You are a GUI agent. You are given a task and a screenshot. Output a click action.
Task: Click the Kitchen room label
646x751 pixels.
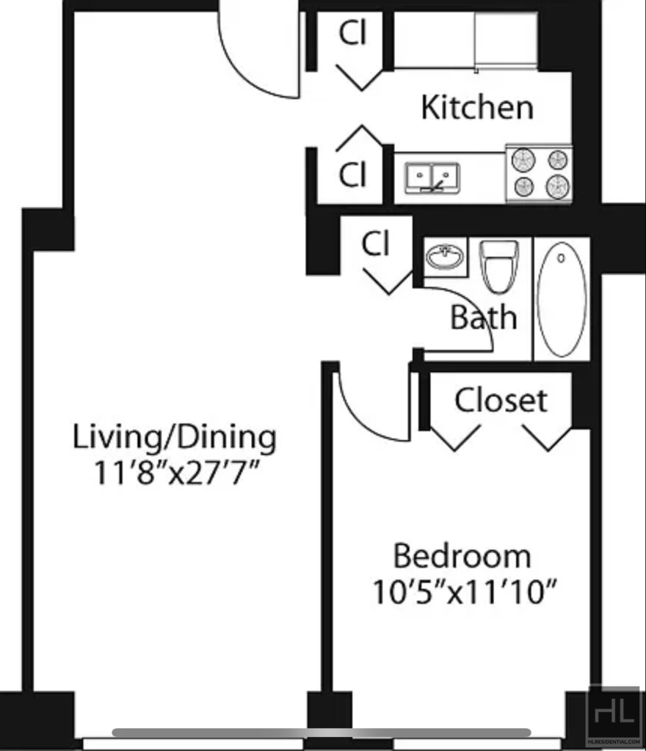(477, 107)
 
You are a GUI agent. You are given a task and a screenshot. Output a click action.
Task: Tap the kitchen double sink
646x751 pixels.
(432, 177)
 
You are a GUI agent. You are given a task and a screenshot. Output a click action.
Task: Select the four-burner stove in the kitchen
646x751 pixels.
(539, 173)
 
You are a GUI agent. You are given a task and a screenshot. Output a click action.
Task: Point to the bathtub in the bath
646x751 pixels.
(562, 299)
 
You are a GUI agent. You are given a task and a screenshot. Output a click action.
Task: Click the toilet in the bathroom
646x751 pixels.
(499, 266)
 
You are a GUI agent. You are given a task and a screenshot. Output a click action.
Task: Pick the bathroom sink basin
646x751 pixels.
(445, 257)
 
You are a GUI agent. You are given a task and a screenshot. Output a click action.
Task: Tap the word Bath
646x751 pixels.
(484, 317)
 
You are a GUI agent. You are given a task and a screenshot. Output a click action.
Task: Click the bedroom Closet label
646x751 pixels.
(501, 400)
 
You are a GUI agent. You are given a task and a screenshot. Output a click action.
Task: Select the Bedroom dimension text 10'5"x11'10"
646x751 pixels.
(465, 593)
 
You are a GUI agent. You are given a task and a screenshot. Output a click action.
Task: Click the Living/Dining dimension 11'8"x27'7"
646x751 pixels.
(176, 473)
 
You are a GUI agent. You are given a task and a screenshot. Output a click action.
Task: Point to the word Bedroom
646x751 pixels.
(462, 556)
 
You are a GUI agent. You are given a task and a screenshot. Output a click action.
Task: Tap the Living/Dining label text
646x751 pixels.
(175, 437)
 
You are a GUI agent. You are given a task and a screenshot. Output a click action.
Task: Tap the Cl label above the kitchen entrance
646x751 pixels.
(352, 33)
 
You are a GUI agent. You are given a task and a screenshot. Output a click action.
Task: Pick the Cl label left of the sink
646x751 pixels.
(352, 175)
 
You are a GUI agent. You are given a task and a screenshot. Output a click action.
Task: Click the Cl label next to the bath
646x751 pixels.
(375, 243)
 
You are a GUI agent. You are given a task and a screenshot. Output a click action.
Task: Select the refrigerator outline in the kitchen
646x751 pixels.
(506, 41)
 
